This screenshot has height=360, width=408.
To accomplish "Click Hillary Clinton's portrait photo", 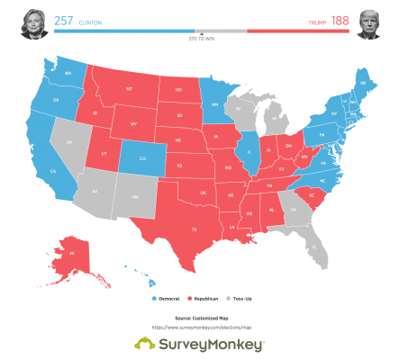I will click(30, 23).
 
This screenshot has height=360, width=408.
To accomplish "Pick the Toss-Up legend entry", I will click(241, 297).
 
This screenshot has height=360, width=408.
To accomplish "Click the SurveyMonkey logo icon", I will click(144, 345).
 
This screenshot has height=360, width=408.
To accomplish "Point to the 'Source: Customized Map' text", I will click(204, 319).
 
